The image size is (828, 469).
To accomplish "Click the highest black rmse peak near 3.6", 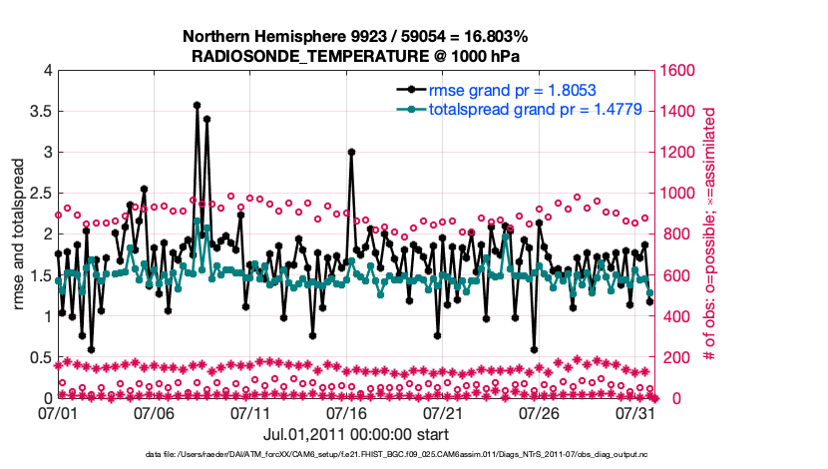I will click(197, 105).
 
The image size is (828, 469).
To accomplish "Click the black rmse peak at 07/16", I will click(351, 152).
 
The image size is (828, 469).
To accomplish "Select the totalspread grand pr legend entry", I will click(520, 110).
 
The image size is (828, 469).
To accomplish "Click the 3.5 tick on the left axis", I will click(40, 112).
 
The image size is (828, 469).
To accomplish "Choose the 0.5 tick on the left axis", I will click(40, 358).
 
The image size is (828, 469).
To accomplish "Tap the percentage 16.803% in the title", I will click(488, 37).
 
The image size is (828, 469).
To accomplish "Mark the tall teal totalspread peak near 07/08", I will click(198, 222).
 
